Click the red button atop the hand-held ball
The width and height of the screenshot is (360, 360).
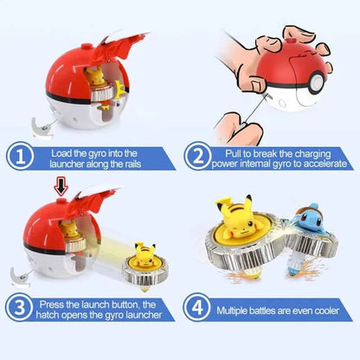(x=292, y=37)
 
